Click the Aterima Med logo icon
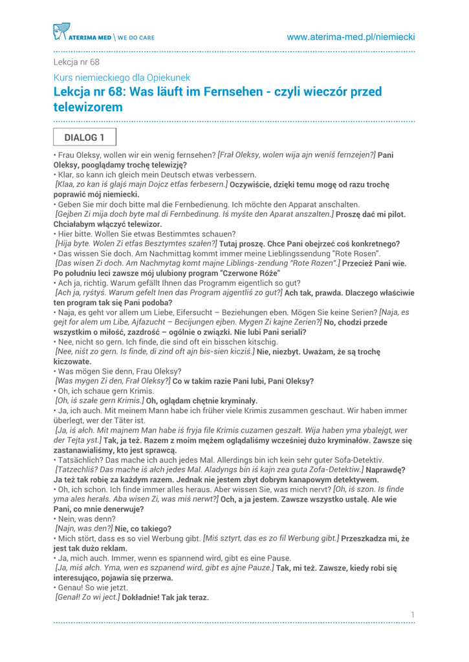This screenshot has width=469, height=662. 61,30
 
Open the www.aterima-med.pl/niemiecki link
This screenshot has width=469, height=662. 351,37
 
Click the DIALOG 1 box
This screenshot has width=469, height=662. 84,137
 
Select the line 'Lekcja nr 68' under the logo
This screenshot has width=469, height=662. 76,62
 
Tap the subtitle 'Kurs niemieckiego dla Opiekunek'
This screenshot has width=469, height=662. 122,78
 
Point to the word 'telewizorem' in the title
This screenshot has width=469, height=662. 88,107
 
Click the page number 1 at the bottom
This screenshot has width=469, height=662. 412,613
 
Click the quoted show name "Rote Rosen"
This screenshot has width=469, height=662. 355,253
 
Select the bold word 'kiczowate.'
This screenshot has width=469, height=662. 72,361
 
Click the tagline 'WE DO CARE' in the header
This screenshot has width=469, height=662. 136,37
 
